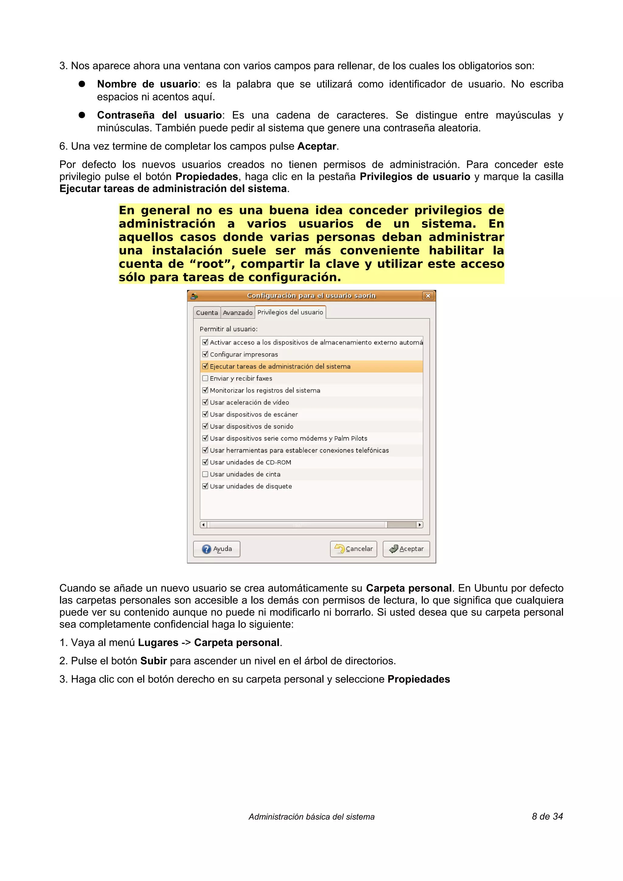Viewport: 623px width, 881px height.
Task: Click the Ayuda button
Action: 217,549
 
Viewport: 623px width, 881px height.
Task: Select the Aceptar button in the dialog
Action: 406,549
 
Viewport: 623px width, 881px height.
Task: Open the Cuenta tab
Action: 207,313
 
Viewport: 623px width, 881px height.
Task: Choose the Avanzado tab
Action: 238,313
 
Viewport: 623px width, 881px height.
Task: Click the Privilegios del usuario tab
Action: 290,312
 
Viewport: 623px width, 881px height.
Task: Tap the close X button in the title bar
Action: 428,296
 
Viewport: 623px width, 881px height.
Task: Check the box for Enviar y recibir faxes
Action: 205,378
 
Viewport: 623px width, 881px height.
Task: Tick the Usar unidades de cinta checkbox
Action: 205,474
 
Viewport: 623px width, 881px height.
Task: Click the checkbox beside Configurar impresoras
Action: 205,354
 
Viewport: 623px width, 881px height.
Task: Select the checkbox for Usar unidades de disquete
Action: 205,486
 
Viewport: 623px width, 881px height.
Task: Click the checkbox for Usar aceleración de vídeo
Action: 205,402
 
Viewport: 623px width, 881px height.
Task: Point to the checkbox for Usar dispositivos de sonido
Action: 205,426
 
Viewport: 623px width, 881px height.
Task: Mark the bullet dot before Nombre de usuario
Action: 82,84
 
